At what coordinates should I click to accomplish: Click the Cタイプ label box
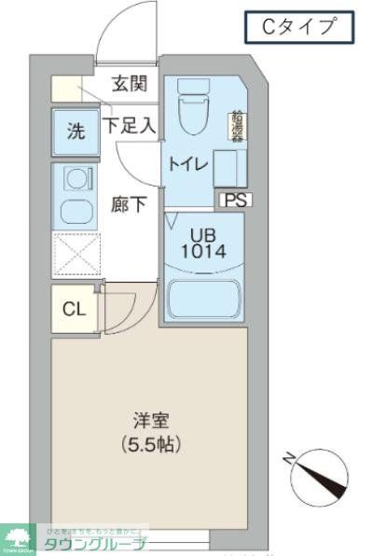click(x=299, y=28)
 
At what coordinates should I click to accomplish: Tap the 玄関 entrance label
click(x=131, y=84)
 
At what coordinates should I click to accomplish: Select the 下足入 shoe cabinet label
click(x=130, y=125)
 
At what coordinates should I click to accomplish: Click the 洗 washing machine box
click(x=75, y=132)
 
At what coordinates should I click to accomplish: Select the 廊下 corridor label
click(x=129, y=204)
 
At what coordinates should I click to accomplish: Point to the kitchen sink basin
click(x=74, y=209)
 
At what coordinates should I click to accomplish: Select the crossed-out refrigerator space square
click(x=74, y=253)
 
